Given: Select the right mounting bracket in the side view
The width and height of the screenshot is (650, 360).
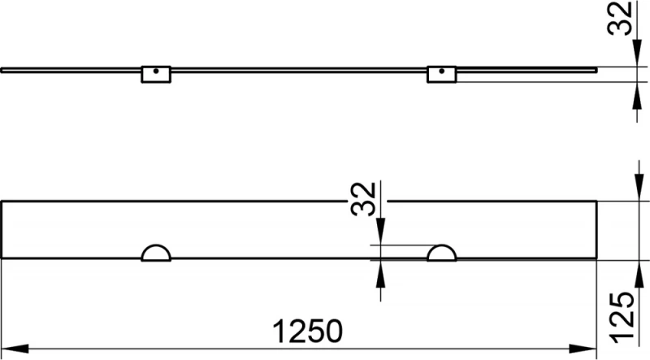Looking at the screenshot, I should [440, 74].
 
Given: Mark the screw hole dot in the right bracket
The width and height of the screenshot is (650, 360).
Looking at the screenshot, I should [440, 71].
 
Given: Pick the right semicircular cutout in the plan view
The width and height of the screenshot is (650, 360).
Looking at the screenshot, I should [443, 253].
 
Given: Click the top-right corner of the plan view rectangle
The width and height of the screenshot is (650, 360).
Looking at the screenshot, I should [596, 200].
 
